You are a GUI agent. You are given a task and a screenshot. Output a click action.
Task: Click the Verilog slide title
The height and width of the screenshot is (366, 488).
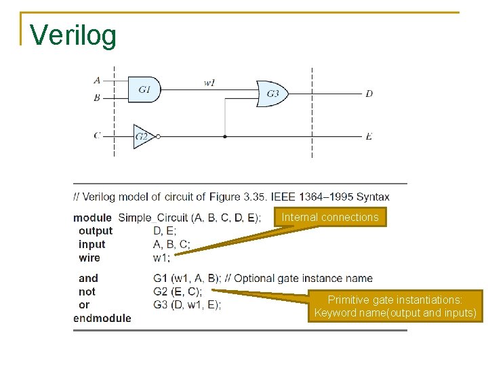pos(74,35)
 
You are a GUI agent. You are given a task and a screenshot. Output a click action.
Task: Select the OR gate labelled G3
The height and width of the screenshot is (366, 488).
pos(272,94)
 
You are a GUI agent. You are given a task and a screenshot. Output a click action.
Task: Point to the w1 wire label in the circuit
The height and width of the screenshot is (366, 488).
pos(210,83)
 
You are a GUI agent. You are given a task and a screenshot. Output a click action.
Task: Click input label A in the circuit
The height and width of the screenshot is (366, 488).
pos(97,80)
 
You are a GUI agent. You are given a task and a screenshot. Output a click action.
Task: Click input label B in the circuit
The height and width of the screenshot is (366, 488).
pos(97,98)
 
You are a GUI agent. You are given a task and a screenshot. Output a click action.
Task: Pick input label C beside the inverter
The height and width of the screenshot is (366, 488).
pos(97,136)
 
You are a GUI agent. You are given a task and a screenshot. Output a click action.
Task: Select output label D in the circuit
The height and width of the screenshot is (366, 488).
pos(369,94)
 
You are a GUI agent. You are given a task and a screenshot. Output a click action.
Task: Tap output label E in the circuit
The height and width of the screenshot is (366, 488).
pos(369,136)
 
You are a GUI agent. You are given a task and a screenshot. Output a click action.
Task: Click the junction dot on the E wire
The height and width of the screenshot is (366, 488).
pos(225,136)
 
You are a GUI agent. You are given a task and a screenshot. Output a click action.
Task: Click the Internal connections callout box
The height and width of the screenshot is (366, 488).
pos(330,217)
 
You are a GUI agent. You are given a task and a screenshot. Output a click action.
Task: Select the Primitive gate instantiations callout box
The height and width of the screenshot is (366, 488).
pos(395,306)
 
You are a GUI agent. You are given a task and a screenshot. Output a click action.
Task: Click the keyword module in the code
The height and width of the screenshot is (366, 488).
pos(93,218)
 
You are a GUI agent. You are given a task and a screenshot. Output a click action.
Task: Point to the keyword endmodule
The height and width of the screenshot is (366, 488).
pos(102,318)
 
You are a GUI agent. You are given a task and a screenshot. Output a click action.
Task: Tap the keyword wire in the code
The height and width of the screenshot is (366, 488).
pos(89,258)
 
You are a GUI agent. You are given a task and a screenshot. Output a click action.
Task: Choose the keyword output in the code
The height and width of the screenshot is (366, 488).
pos(96,230)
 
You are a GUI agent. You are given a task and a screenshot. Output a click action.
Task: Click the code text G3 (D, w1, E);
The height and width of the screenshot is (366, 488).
pos(187,304)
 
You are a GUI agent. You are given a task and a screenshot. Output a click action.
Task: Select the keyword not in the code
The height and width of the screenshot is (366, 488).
pos(87,291)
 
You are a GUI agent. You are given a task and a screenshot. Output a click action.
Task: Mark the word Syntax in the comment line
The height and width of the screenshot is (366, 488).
pos(373,197)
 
